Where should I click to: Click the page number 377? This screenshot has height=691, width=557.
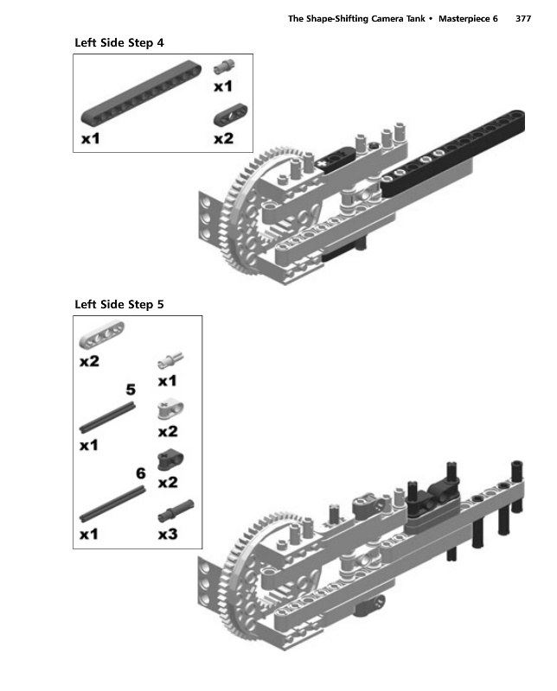pos(523,18)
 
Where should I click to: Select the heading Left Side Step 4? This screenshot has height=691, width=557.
pos(119,42)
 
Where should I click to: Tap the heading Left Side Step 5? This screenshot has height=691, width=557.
pos(119,305)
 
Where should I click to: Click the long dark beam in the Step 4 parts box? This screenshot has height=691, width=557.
pos(141,92)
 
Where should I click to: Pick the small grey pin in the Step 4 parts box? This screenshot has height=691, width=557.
pos(224,67)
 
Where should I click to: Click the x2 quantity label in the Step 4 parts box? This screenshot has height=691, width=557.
pos(223,139)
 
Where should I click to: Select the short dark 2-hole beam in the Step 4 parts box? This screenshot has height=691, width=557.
pos(230,115)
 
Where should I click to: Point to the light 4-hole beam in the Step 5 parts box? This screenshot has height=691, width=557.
pos(102,335)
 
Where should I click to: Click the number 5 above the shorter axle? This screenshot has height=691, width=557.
pos(131,390)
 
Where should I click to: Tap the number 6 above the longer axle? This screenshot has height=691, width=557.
pos(140,473)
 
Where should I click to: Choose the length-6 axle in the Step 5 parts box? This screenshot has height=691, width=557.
pos(112,504)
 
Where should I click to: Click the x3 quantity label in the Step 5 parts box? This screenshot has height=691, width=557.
pos(168,534)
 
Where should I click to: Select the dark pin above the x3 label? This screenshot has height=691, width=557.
pos(176,510)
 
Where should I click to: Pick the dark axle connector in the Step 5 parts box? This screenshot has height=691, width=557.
pos(170,460)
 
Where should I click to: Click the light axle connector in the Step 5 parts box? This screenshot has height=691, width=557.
pos(170,409)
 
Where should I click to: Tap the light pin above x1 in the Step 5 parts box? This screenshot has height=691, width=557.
pos(170,360)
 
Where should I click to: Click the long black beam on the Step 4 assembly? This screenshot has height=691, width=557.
pos(452,154)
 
